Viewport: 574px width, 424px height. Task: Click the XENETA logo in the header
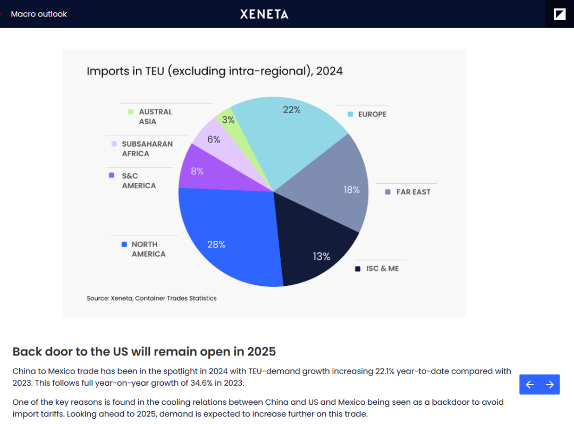pos(264,14)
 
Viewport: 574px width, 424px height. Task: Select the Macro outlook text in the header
pos(39,14)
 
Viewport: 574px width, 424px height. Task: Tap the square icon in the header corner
pos(560,14)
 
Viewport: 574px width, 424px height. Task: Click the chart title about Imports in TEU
pos(214,71)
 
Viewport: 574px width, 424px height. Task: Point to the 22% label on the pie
pos(292,110)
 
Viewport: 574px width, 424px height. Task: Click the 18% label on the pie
pos(351,190)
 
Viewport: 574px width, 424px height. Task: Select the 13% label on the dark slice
pos(321,257)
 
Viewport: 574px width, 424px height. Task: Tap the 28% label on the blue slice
pos(216,244)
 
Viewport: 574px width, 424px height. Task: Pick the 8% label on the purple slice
pos(197,171)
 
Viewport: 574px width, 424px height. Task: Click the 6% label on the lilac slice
pos(214,139)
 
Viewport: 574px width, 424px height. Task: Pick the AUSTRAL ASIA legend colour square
pos(130,112)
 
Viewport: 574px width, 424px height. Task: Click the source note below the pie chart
pos(151,298)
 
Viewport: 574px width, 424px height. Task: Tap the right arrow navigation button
pos(550,385)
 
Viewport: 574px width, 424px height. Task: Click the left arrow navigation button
pos(529,385)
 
